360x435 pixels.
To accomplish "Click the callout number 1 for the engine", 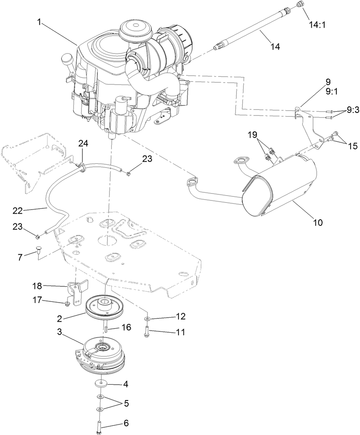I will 39,22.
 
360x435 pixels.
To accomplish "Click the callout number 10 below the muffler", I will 317,222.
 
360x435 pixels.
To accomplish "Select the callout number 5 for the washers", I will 126,403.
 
